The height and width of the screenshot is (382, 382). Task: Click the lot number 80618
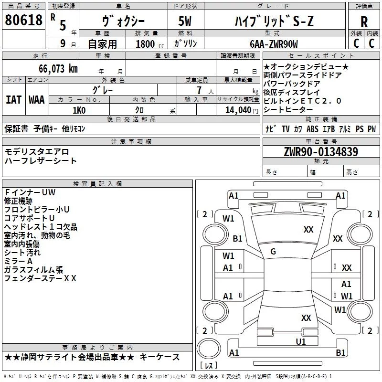pos(23,20)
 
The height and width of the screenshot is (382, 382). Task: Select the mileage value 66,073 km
pos(58,69)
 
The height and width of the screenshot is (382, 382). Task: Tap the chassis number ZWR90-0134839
pos(321,151)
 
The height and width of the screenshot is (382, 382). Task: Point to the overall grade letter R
pos(364,22)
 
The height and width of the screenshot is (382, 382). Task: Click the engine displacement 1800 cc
pos(150,44)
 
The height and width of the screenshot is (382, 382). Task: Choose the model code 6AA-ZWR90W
pos(274,44)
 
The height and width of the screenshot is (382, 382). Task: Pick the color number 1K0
pos(79,110)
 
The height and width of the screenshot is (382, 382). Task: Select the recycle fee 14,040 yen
pos(242,110)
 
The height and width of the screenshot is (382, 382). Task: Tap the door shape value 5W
pos(185,21)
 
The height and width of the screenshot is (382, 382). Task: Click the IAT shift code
pos(13,100)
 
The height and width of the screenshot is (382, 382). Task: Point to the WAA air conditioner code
pos(37,100)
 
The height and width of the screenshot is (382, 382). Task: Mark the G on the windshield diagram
pos(273,252)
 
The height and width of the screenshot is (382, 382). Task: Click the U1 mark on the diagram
pos(301,341)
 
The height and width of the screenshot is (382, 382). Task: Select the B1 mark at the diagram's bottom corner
pos(340,352)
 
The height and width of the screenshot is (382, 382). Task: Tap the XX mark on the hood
pos(308,230)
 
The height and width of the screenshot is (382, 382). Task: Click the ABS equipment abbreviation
pos(312,129)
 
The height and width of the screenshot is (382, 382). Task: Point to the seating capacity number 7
pos(199,90)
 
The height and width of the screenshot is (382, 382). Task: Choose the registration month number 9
pos(63,43)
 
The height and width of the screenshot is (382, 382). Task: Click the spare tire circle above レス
pos(209,348)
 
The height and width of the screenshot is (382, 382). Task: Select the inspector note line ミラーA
pos(19,261)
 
